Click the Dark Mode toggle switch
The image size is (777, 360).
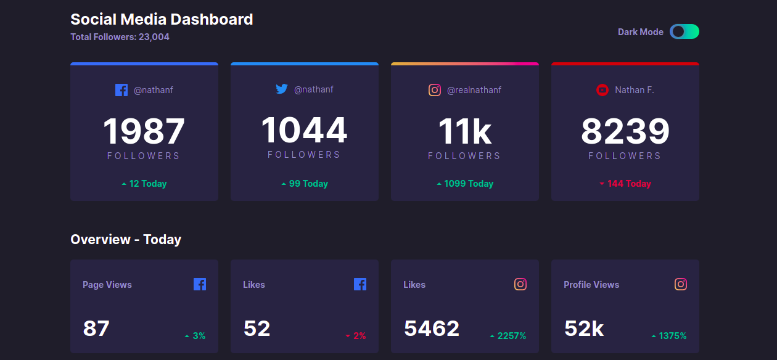coord(684,31)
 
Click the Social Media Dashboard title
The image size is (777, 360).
coord(162,19)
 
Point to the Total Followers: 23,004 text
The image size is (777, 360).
coord(120,37)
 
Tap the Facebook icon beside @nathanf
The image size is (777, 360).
coord(121,90)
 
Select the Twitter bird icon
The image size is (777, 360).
coord(282,89)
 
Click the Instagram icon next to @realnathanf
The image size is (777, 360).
coord(435,90)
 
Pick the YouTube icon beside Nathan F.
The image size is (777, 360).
coord(602,90)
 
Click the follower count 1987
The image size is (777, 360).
coord(144,131)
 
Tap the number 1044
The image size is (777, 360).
coord(304,130)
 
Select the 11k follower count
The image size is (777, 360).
coord(464,131)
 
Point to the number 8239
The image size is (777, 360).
coord(625,131)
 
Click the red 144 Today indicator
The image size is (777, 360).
coord(625,184)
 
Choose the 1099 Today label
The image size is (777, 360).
coord(465,184)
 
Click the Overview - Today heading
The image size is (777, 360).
coord(126,239)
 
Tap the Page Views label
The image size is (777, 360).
coord(107,285)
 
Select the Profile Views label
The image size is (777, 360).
coord(591,285)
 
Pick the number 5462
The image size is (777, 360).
coord(432,329)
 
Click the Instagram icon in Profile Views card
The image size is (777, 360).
coord(681,284)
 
